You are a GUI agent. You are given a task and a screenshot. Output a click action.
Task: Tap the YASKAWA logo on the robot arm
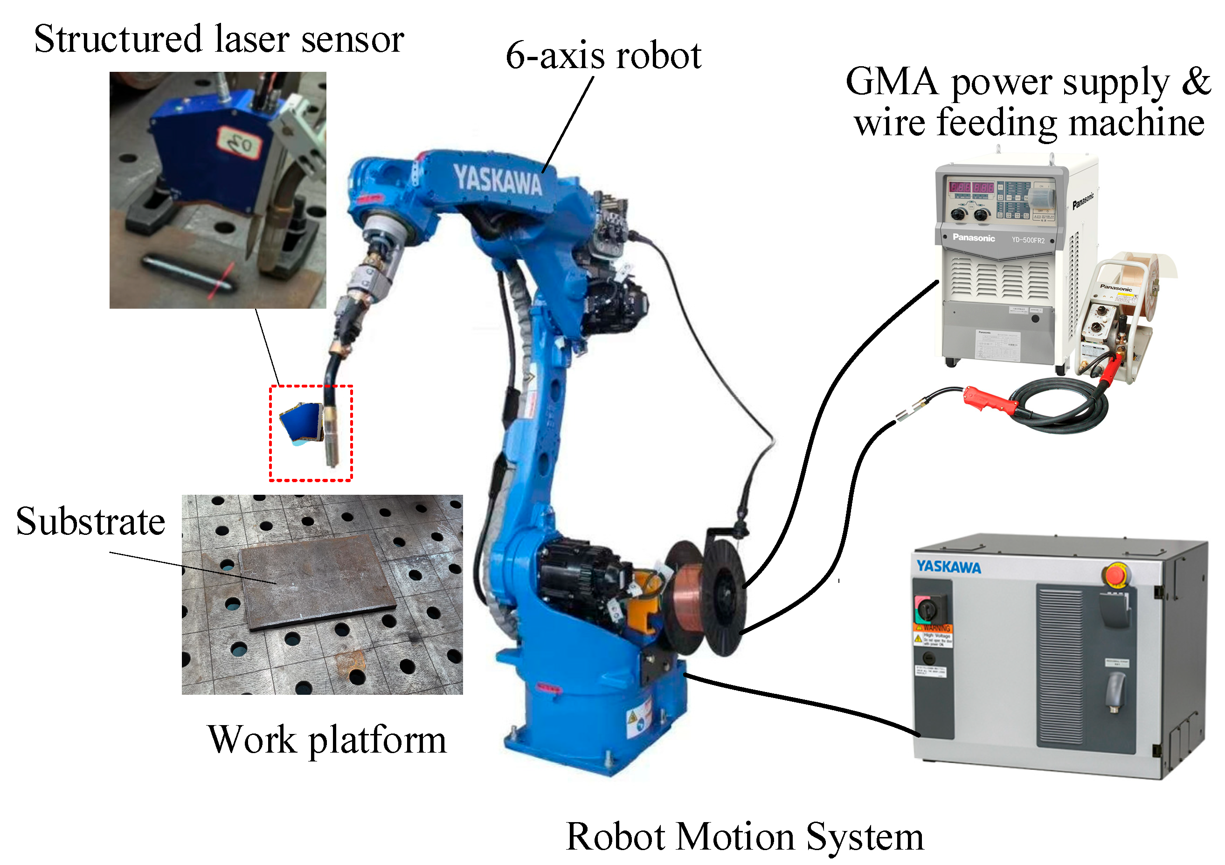click(x=497, y=180)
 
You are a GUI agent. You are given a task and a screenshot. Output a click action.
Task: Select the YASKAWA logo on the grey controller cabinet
click(x=948, y=567)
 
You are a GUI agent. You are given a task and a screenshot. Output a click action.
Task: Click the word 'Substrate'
click(x=91, y=521)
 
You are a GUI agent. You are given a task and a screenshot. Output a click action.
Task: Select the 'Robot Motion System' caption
click(x=744, y=836)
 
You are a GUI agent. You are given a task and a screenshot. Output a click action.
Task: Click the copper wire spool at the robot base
click(x=688, y=598)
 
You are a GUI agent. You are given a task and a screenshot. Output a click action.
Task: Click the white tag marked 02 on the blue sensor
click(x=239, y=142)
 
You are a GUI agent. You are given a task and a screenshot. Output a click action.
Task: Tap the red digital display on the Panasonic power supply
click(x=971, y=187)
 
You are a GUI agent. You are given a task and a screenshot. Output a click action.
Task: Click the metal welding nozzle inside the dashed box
click(x=332, y=435)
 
